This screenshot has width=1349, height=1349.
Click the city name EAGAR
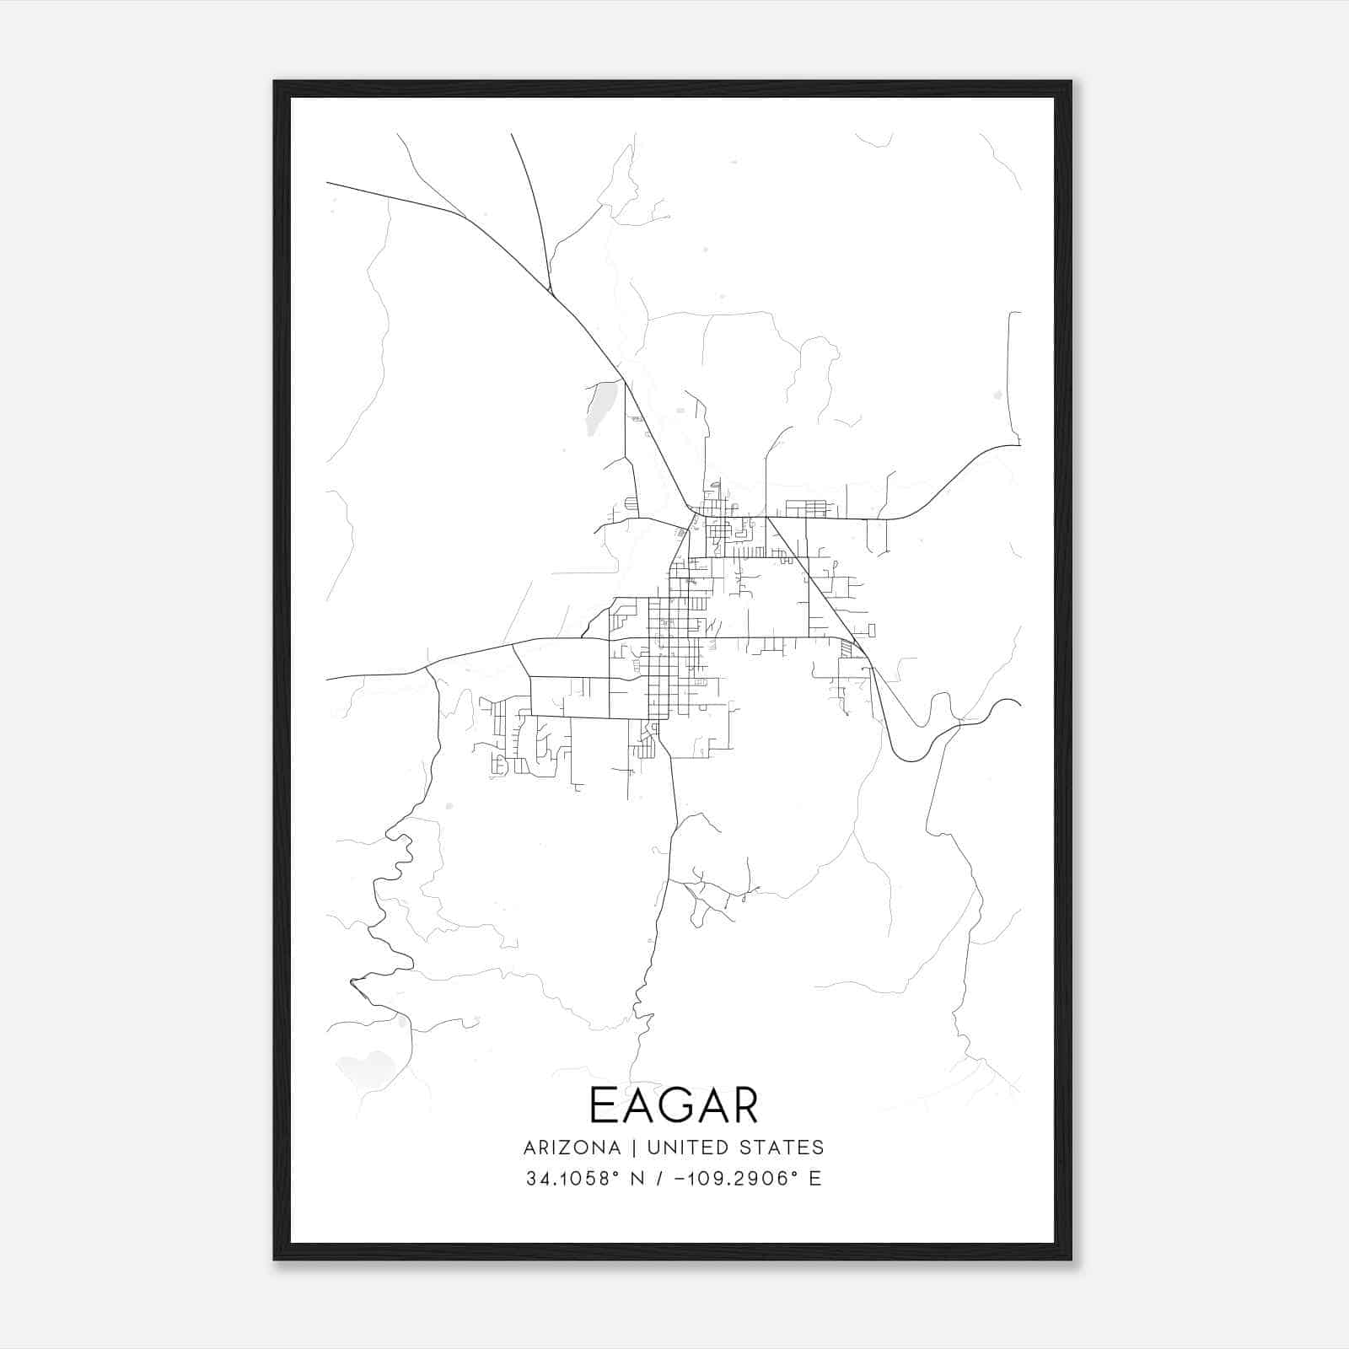point(674,1105)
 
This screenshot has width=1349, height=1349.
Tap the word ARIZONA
point(572,1147)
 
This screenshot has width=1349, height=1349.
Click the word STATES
point(783,1147)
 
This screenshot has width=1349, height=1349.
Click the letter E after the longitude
point(815,1179)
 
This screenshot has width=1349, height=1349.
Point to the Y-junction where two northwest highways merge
point(551,292)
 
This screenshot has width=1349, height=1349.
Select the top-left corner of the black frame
point(276,83)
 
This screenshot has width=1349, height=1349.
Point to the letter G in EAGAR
point(674,1105)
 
